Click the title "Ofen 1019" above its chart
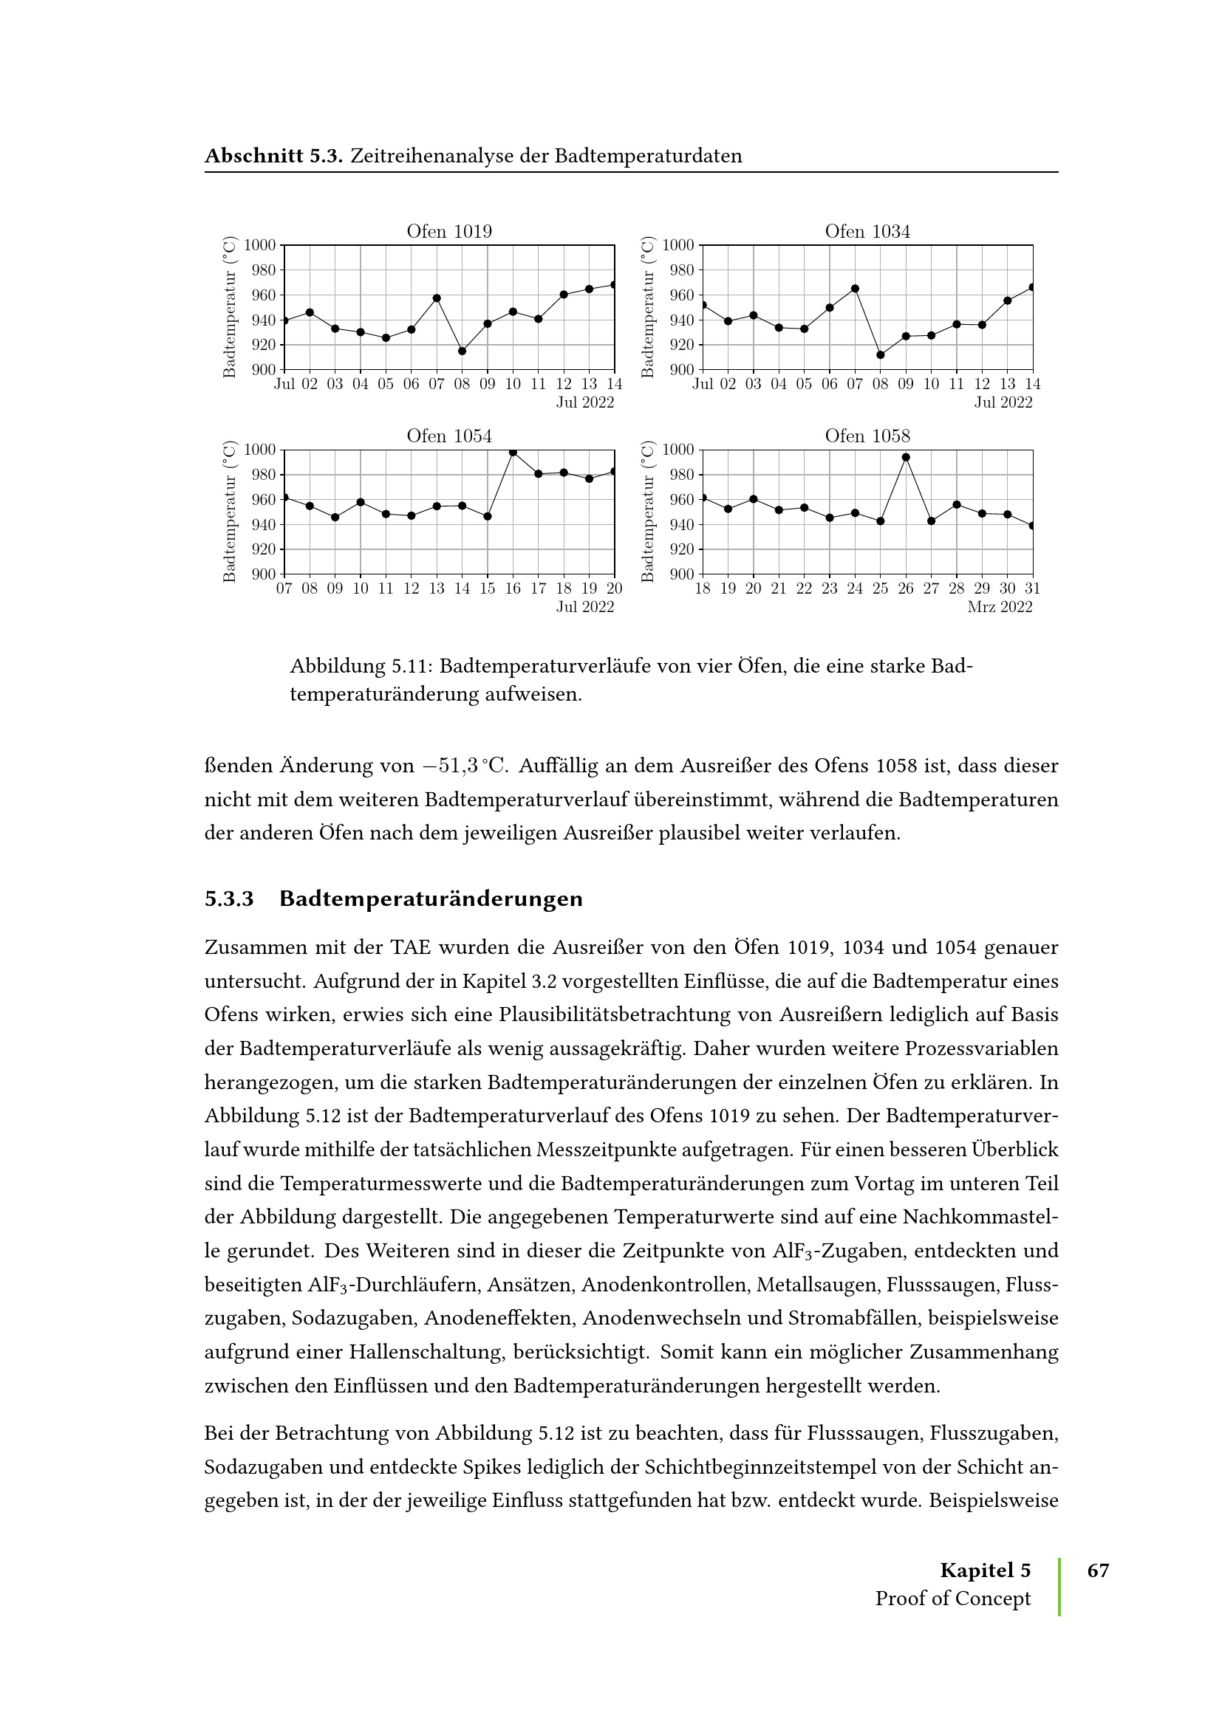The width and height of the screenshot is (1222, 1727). (449, 232)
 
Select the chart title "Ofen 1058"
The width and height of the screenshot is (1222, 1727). (867, 436)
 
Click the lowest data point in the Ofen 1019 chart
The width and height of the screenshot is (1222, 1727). (462, 351)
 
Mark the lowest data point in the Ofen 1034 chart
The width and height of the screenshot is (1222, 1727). (881, 355)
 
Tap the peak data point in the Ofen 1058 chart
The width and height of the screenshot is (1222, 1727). (906, 457)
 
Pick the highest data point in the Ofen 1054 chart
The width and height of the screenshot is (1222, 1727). (513, 452)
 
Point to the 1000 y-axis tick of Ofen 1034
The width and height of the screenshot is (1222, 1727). (678, 245)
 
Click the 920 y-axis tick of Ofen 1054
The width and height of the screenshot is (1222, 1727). (263, 550)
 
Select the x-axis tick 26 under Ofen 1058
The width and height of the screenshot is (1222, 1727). (906, 589)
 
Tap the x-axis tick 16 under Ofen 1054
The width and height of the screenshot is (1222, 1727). (513, 589)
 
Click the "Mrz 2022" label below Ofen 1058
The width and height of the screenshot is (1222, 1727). (1000, 607)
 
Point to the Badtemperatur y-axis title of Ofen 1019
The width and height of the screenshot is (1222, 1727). (230, 307)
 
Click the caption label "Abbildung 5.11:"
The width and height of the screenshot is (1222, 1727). (361, 667)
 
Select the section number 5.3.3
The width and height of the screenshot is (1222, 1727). (229, 899)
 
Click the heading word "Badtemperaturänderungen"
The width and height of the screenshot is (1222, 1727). (431, 899)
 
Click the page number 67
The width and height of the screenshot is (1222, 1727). (1098, 1570)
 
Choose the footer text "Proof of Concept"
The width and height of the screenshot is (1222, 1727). (952, 1599)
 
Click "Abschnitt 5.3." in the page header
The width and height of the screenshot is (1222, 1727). (274, 156)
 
